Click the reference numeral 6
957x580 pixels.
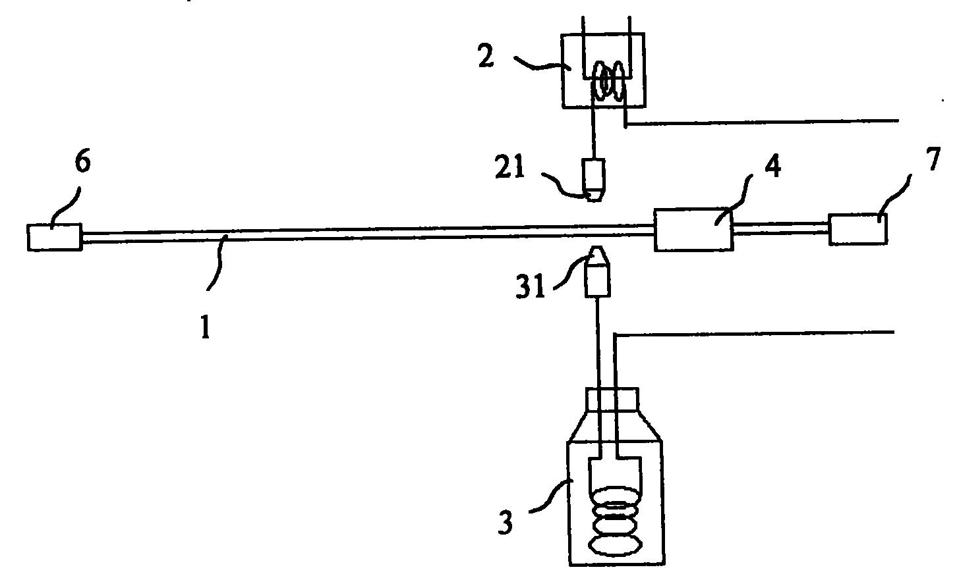tap(82, 162)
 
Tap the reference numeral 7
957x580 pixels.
tap(933, 159)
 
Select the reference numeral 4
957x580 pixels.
tap(773, 166)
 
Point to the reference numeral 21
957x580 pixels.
tap(509, 167)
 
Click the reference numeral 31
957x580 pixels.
tap(530, 286)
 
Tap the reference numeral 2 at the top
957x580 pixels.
tap(486, 56)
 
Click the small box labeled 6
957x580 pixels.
tap(54, 237)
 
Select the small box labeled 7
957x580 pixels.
tap(858, 229)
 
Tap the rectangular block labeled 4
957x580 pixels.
tap(694, 230)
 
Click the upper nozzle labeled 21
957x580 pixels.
tap(593, 180)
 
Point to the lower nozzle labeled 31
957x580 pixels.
tap(597, 271)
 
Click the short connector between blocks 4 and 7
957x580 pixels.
tap(782, 228)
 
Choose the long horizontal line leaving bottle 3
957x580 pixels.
tap(754, 333)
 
